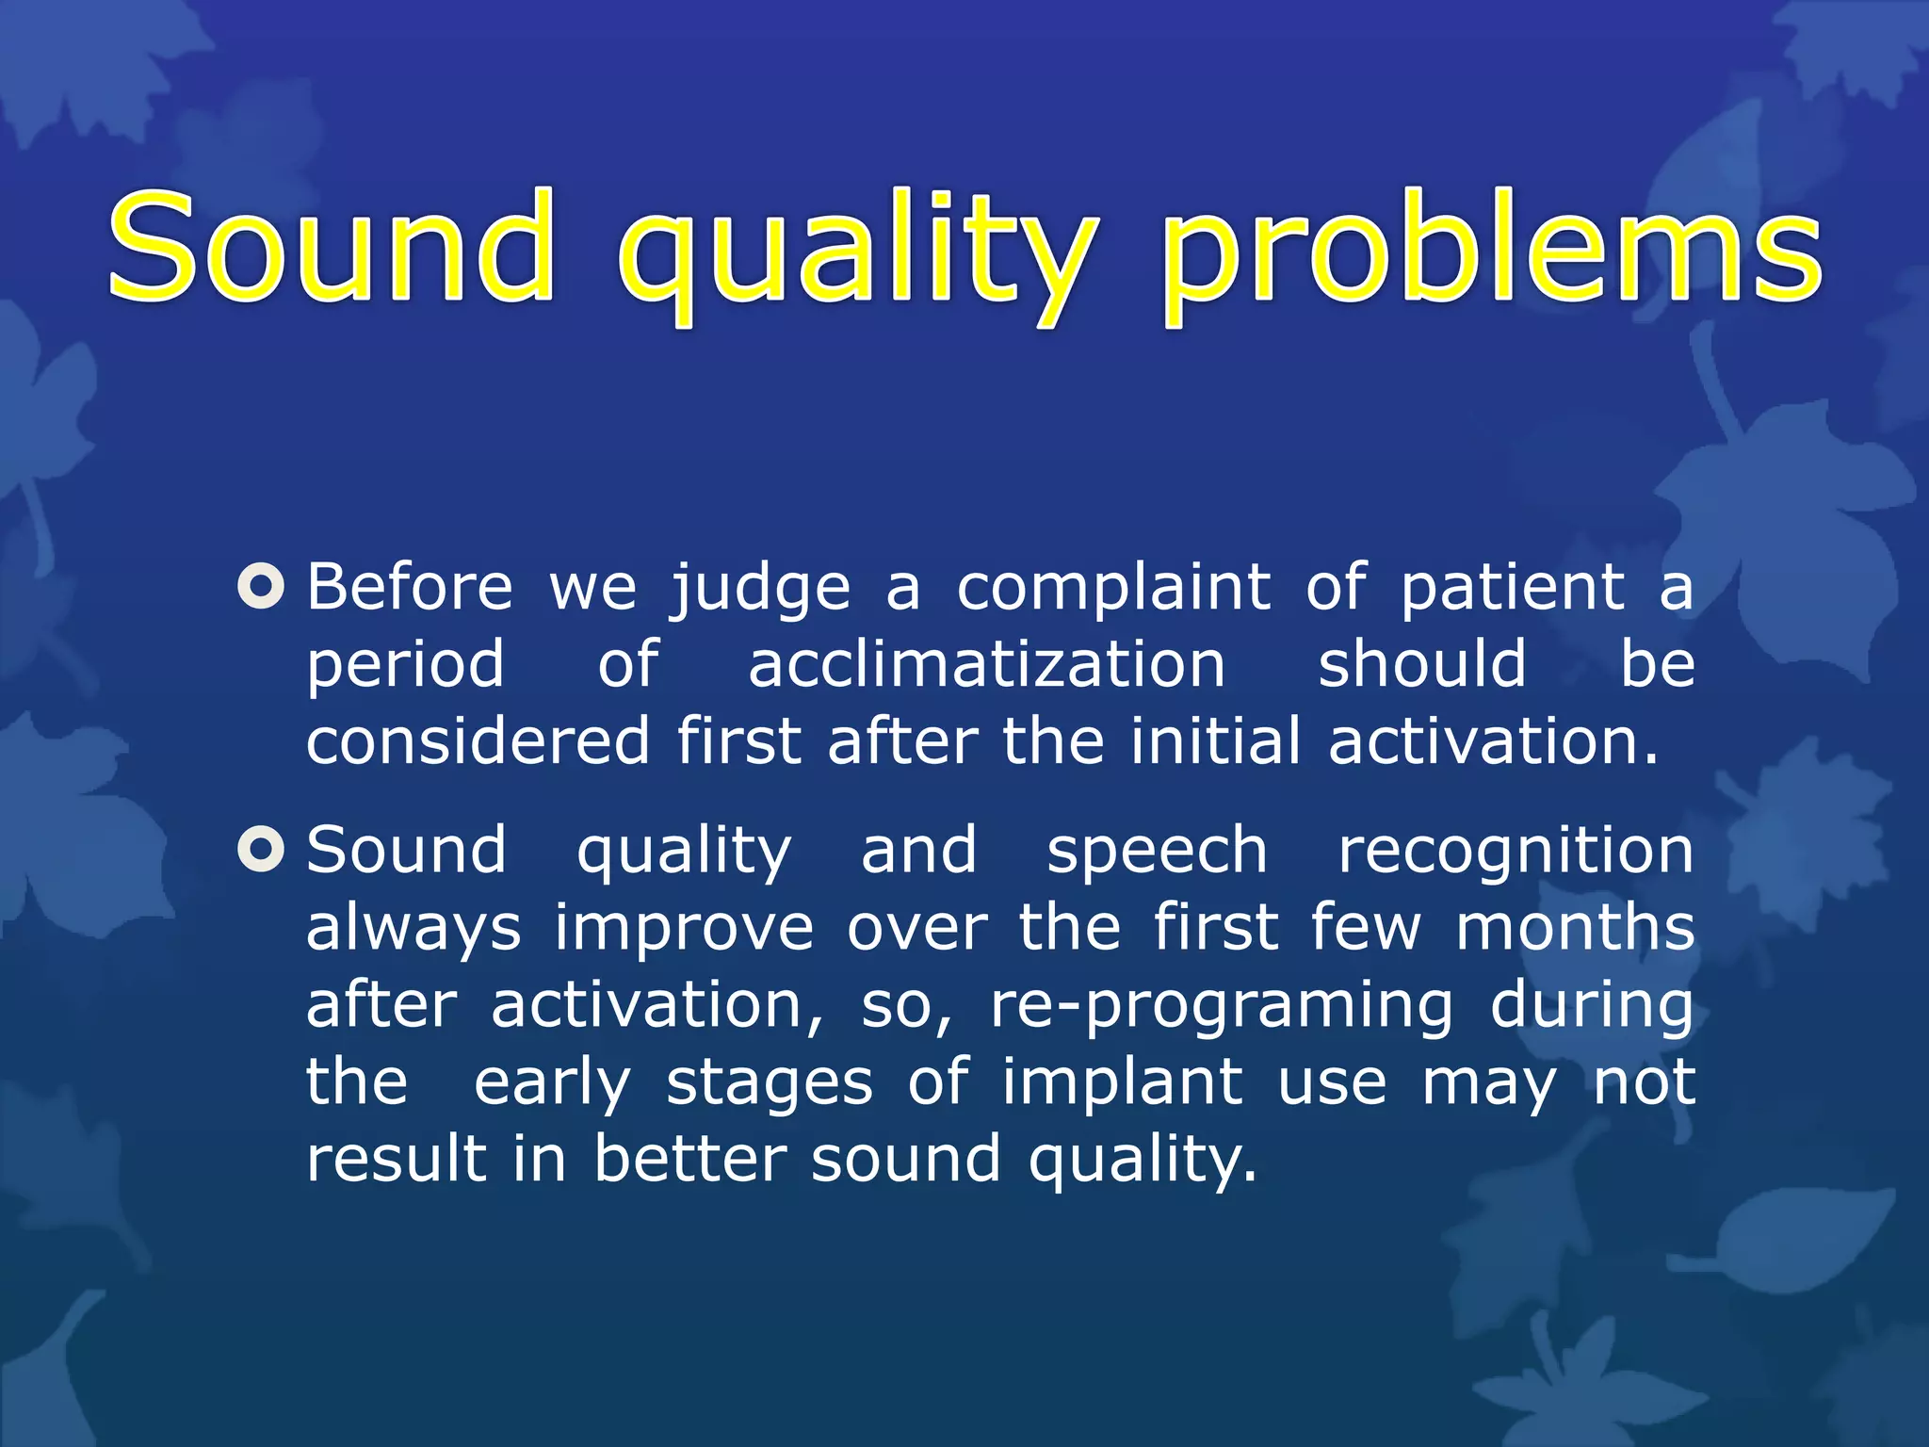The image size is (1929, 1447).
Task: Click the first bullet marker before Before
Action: [x=261, y=586]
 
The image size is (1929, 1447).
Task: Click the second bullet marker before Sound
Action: [x=261, y=850]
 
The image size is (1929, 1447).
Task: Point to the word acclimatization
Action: [x=986, y=663]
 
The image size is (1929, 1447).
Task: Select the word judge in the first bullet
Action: [x=760, y=590]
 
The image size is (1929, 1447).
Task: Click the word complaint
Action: [x=1113, y=590]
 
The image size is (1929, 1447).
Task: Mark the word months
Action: [x=1575, y=927]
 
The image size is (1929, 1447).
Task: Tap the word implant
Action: [x=1121, y=1083]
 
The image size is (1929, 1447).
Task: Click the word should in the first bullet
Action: [x=1421, y=663]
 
